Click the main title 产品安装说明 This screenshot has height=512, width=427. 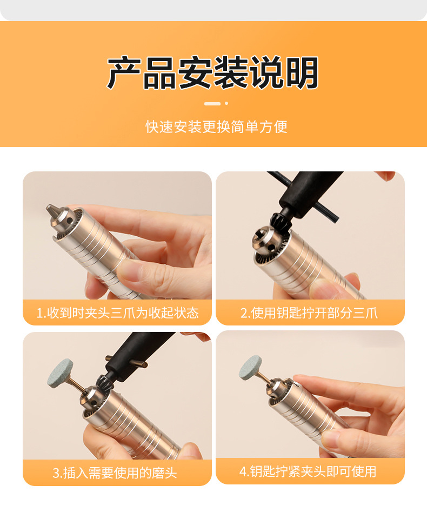point(213,72)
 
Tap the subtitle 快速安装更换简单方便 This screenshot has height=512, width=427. point(216,127)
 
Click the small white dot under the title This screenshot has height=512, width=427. point(226,103)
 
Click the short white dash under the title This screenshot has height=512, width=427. point(212,103)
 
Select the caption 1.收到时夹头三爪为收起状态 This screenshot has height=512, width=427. point(117,313)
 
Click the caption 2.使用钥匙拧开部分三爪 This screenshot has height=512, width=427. point(309,313)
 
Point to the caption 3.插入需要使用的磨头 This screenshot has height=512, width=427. point(115,473)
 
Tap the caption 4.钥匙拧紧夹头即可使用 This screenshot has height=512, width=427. point(308,471)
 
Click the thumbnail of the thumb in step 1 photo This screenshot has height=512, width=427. point(128,269)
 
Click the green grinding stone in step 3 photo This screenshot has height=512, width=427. point(60,373)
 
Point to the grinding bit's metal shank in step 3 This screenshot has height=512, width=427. point(78,383)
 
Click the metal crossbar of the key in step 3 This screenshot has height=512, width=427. point(126,361)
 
